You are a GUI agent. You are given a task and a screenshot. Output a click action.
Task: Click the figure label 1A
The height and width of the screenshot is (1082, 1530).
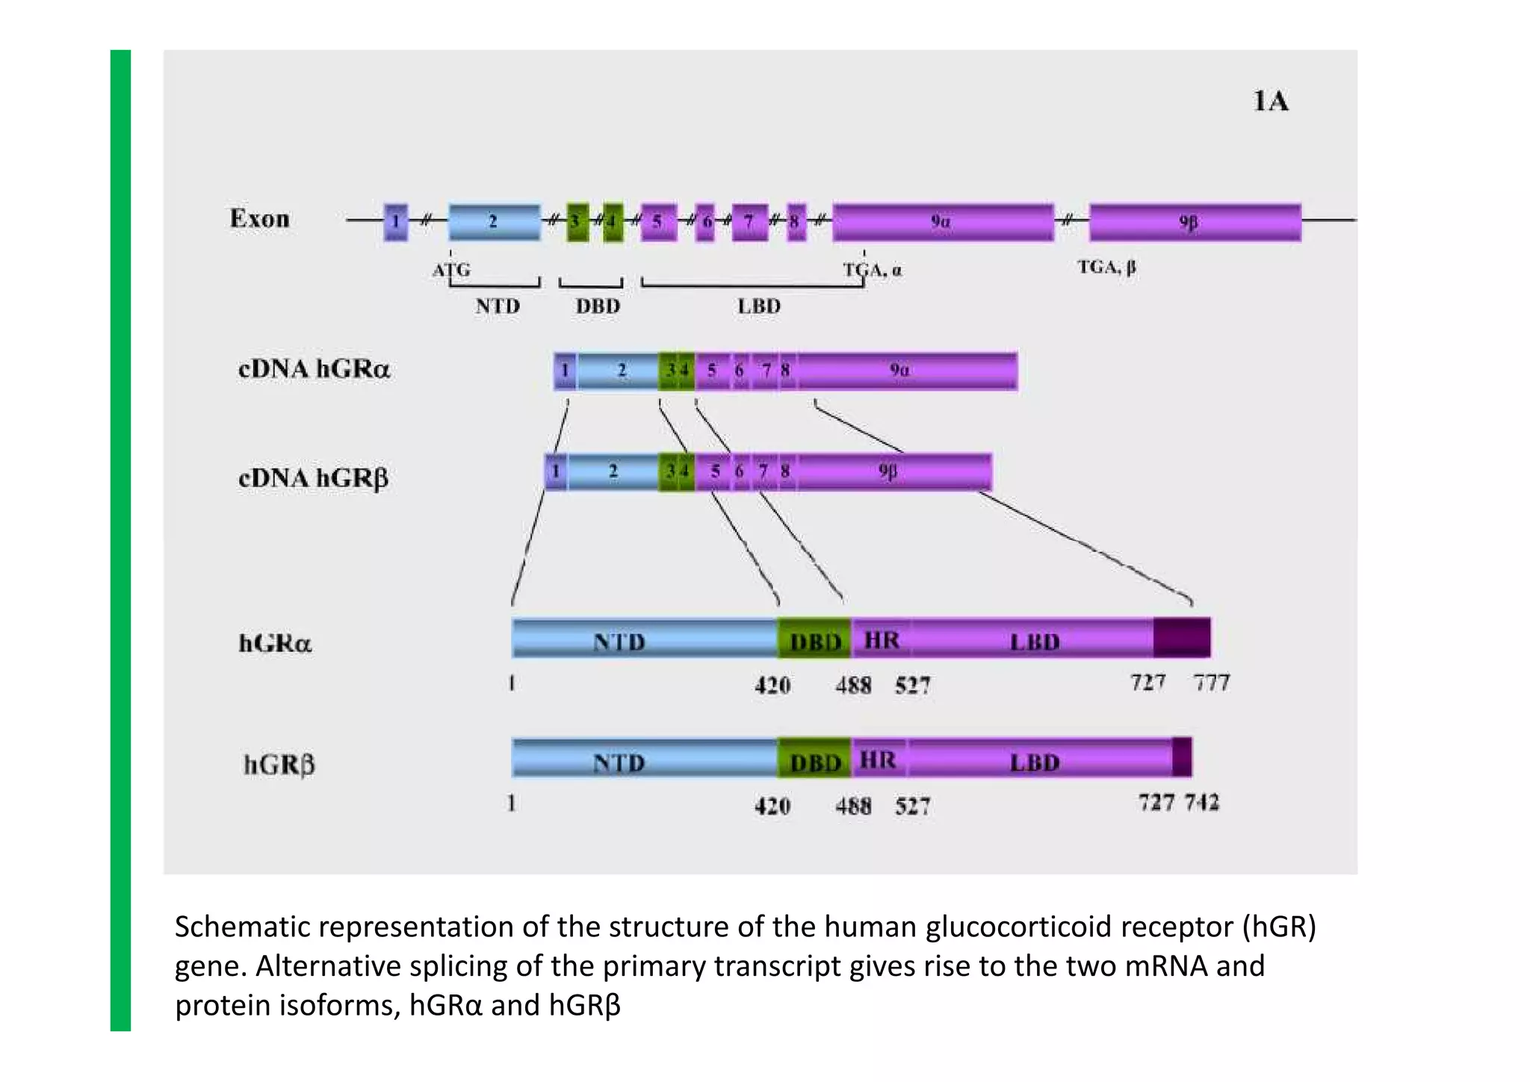click(1270, 101)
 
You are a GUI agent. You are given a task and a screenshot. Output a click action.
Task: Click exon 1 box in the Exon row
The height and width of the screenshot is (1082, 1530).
click(396, 221)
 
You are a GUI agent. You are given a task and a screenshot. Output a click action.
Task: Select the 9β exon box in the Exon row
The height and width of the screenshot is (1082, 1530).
click(1195, 222)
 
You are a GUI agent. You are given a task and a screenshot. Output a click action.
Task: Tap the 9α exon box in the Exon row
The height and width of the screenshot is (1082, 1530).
click(942, 222)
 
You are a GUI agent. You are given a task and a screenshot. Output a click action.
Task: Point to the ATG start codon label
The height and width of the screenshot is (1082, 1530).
click(451, 269)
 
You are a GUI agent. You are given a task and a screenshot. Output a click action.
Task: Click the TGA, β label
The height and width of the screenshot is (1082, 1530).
click(1106, 267)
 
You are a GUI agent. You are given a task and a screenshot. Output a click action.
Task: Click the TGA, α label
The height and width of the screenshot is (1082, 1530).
click(872, 270)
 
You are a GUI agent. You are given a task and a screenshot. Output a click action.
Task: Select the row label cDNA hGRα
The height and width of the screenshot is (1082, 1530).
click(314, 369)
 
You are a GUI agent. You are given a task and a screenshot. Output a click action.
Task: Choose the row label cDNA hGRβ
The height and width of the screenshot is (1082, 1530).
click(313, 478)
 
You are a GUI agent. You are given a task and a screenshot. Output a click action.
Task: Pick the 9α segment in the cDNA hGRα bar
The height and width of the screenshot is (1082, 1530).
click(905, 371)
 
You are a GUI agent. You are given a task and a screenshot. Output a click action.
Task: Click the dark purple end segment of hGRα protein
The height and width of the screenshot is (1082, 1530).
click(1182, 637)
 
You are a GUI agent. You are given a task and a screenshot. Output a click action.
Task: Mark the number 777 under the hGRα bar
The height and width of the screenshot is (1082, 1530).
click(1211, 682)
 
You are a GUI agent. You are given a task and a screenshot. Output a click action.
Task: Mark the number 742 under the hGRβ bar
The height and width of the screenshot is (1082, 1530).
click(1201, 803)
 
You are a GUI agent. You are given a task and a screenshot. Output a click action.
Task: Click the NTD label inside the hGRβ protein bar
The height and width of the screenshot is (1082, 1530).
click(619, 762)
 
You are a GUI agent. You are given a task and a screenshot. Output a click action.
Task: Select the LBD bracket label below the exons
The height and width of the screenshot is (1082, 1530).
click(759, 306)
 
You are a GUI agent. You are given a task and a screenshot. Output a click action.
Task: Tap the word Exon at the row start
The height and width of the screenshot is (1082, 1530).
click(259, 218)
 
